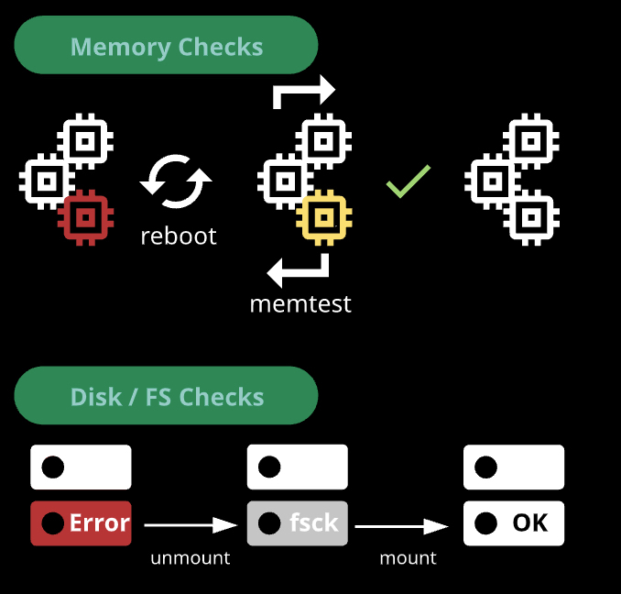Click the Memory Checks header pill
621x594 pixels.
[x=166, y=46]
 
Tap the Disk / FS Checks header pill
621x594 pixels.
[x=166, y=396]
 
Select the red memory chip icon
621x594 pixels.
[x=84, y=217]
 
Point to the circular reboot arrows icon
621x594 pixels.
[x=176, y=181]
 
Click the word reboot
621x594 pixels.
[x=179, y=236]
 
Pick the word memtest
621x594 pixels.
[x=300, y=303]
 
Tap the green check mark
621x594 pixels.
[x=409, y=181]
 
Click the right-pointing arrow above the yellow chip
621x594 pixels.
[x=305, y=92]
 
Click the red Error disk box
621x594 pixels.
[x=81, y=523]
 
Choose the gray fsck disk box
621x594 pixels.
[x=297, y=523]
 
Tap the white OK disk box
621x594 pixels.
[x=513, y=523]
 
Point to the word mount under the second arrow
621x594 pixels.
[x=409, y=557]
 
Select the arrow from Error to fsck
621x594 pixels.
[x=191, y=524]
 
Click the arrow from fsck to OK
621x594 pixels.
[x=401, y=525]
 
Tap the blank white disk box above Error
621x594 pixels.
[x=81, y=467]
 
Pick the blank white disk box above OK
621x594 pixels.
[x=513, y=467]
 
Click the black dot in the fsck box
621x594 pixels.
[x=269, y=523]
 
